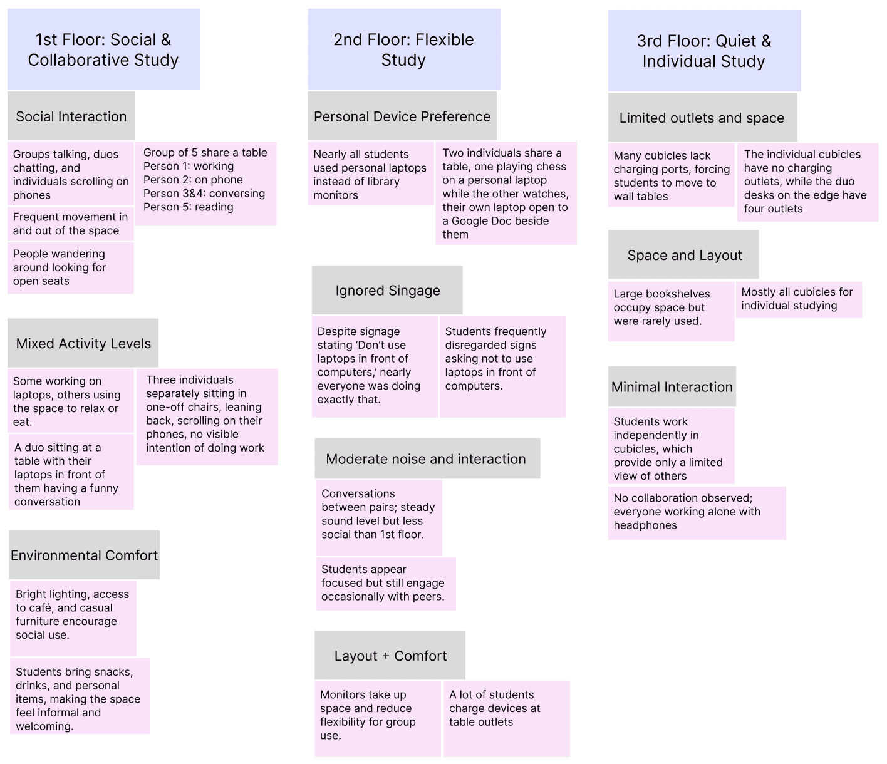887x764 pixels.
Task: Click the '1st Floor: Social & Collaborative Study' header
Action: point(103,49)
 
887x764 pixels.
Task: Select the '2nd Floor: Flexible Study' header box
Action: point(403,49)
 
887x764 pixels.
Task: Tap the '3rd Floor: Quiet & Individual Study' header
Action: point(704,51)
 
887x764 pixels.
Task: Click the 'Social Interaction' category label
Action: point(71,116)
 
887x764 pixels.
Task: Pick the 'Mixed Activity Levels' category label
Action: point(83,343)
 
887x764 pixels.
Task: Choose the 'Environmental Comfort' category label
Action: point(85,555)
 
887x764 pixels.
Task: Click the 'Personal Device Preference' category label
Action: point(402,116)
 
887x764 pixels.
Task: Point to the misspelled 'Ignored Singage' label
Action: point(387,291)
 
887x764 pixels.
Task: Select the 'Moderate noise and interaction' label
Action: point(427,459)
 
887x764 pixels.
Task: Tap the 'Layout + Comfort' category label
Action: point(390,656)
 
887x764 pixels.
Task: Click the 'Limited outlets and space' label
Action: point(702,118)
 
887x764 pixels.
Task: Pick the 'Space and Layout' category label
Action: point(684,255)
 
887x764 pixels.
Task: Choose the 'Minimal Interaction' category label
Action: point(672,387)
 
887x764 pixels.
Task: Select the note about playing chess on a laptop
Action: point(506,194)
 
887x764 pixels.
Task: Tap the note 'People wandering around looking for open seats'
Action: point(71,267)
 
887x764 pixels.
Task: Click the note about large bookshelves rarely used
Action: point(671,311)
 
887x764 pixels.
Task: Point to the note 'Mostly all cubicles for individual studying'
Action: point(798,299)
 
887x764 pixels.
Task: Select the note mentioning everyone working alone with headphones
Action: point(696,512)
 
